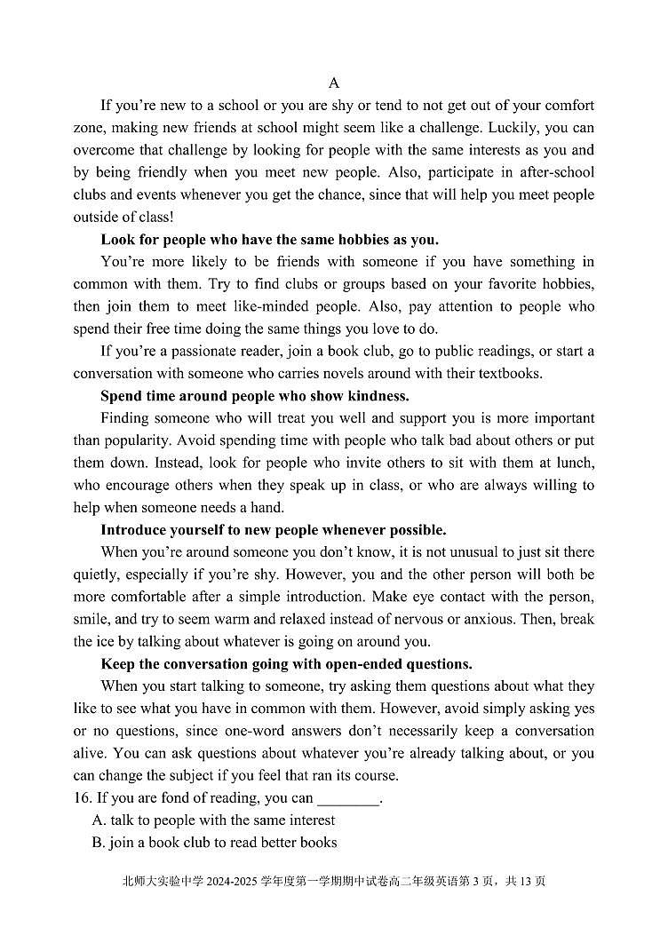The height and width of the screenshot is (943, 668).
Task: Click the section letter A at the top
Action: point(334,83)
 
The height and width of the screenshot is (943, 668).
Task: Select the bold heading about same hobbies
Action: point(270,240)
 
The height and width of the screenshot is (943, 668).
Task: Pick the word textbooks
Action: point(508,373)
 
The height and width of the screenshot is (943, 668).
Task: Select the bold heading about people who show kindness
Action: point(255,396)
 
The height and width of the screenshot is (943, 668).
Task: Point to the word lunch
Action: point(574,463)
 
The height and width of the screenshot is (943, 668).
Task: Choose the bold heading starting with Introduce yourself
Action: point(274,530)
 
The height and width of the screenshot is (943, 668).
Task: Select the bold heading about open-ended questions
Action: point(286,664)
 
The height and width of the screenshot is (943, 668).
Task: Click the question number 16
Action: point(82,798)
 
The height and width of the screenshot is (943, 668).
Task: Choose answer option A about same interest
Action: point(214,820)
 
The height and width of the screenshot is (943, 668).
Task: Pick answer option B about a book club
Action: point(214,843)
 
